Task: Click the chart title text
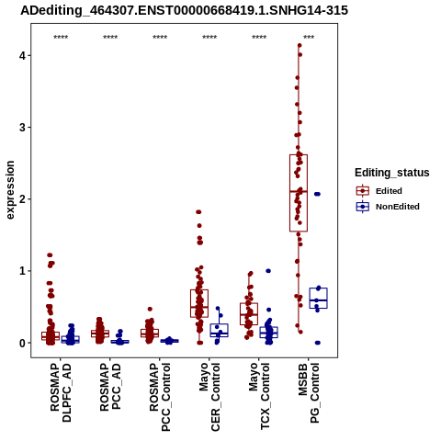[184, 10]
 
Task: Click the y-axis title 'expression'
[10, 190]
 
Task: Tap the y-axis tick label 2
[23, 199]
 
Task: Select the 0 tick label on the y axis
[23, 343]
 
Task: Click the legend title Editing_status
[392, 173]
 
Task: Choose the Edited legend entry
[379, 191]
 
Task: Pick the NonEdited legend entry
[388, 207]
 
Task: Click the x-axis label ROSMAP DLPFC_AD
[61, 392]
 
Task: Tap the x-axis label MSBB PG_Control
[309, 393]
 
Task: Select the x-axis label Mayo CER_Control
[209, 397]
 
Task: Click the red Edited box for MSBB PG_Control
[299, 193]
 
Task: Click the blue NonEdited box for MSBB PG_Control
[318, 298]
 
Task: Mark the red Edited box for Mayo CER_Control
[199, 303]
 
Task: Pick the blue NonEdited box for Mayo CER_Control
[219, 330]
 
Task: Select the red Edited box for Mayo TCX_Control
[249, 314]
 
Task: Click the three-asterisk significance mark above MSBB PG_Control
[309, 38]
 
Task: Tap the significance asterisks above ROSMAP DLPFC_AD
[61, 38]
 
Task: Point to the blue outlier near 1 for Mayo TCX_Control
[268, 271]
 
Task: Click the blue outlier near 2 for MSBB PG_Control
[317, 194]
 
